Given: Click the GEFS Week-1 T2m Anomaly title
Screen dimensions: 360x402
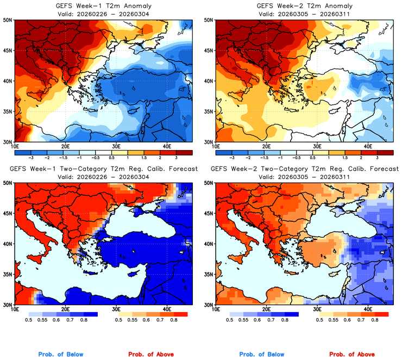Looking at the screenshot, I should [x=100, y=5].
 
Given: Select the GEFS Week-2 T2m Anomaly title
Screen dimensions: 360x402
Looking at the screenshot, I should [x=301, y=5].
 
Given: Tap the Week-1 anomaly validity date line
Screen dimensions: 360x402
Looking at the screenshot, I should [x=100, y=14].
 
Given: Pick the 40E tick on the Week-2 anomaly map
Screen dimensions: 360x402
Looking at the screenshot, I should [x=368, y=146].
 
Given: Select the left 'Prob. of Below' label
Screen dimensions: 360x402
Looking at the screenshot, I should [x=61, y=355].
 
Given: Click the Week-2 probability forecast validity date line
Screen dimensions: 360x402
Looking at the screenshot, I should [x=301, y=177].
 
